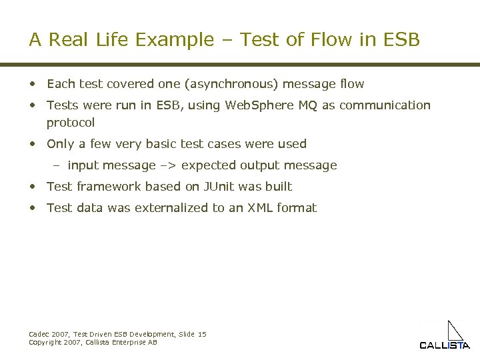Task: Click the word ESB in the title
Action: [402, 40]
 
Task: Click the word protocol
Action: [71, 123]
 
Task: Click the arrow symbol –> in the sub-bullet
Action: [169, 165]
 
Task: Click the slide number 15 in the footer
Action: [202, 334]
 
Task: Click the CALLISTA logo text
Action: [445, 345]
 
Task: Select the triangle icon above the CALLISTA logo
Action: [455, 331]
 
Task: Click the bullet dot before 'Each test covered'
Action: [32, 84]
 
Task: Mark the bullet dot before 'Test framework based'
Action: [32, 187]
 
